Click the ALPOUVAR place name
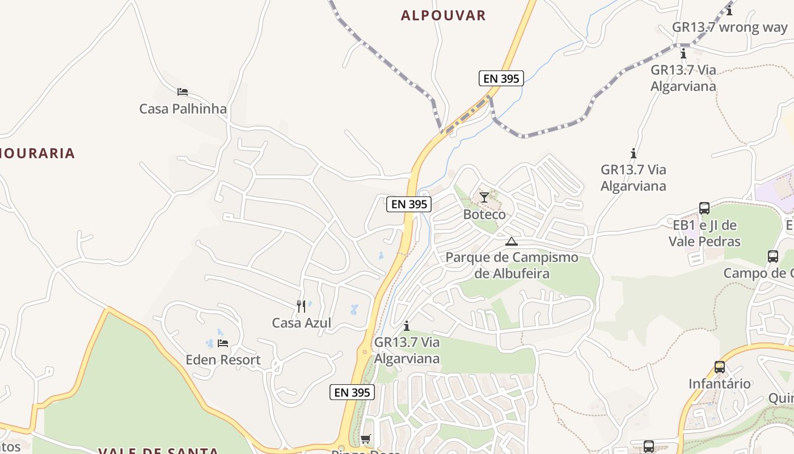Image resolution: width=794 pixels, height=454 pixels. pyautogui.click(x=444, y=15)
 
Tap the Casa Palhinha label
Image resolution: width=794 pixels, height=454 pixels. pyautogui.click(x=183, y=108)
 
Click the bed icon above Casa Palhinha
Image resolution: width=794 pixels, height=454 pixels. pyautogui.click(x=182, y=92)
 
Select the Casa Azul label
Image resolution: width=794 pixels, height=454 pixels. pyautogui.click(x=301, y=323)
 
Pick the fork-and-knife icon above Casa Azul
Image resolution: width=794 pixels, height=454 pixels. pyautogui.click(x=301, y=306)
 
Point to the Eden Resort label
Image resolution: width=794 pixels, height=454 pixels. pyautogui.click(x=223, y=360)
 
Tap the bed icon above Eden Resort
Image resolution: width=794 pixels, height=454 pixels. pyautogui.click(x=223, y=343)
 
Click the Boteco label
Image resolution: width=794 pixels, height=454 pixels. pyautogui.click(x=484, y=215)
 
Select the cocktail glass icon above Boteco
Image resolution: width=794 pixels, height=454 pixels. pyautogui.click(x=484, y=197)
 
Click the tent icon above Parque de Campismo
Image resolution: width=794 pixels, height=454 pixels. pyautogui.click(x=512, y=241)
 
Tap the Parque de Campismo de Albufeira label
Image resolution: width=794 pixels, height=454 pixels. pyautogui.click(x=512, y=265)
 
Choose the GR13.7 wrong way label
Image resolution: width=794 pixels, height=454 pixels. pyautogui.click(x=729, y=27)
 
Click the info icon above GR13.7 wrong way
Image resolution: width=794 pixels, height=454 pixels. pyautogui.click(x=729, y=10)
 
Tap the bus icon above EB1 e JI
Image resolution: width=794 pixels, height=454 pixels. pyautogui.click(x=704, y=208)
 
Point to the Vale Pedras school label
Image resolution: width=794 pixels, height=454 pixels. pyautogui.click(x=704, y=233)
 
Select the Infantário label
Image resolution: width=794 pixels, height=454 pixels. pyautogui.click(x=720, y=384)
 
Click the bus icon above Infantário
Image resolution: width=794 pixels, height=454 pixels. pyautogui.click(x=720, y=367)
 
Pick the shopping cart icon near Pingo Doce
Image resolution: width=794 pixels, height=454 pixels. pyautogui.click(x=366, y=439)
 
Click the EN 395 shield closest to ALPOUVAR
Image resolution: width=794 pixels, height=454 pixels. pyautogui.click(x=501, y=79)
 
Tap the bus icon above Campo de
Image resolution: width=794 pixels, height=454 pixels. pyautogui.click(x=773, y=257)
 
